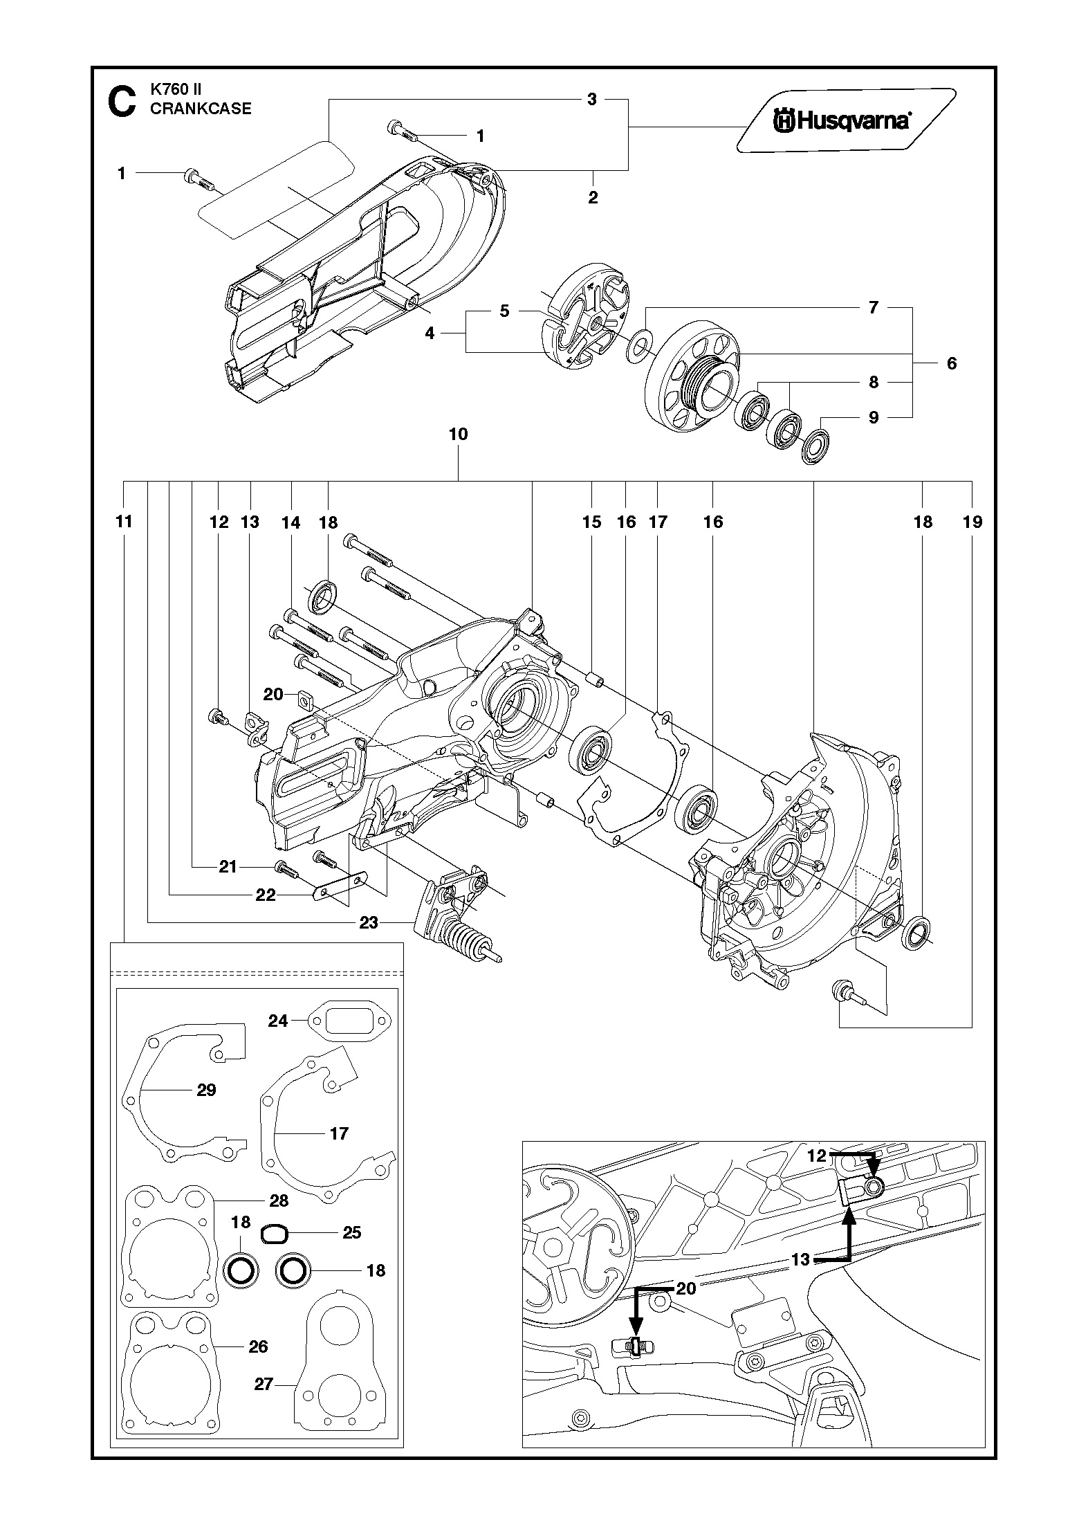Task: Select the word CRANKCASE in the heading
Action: [201, 109]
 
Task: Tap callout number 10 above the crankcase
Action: [458, 434]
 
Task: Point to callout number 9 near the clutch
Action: [873, 417]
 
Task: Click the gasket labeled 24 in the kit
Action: [349, 1021]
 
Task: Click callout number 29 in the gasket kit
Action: [206, 1090]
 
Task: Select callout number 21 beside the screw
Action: [228, 866]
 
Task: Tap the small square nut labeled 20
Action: [304, 701]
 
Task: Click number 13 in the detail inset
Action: [800, 1260]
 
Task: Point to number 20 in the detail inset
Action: [685, 1288]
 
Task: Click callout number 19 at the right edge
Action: [972, 521]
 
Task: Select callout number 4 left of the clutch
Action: [430, 333]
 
